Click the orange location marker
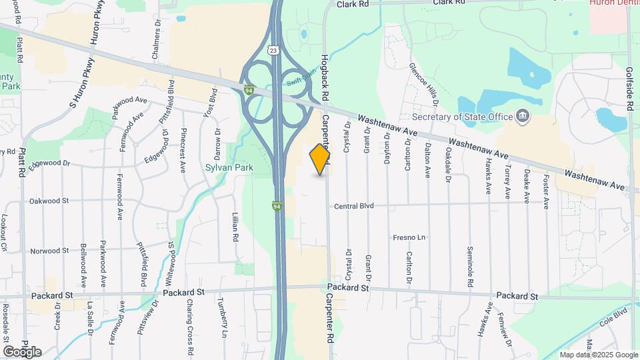(x=320, y=159)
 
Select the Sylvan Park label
(x=229, y=168)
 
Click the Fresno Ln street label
(x=409, y=237)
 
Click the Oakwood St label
(x=49, y=200)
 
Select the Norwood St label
(x=49, y=251)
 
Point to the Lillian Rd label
(x=235, y=227)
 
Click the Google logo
(x=21, y=351)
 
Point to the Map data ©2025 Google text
(x=598, y=355)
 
